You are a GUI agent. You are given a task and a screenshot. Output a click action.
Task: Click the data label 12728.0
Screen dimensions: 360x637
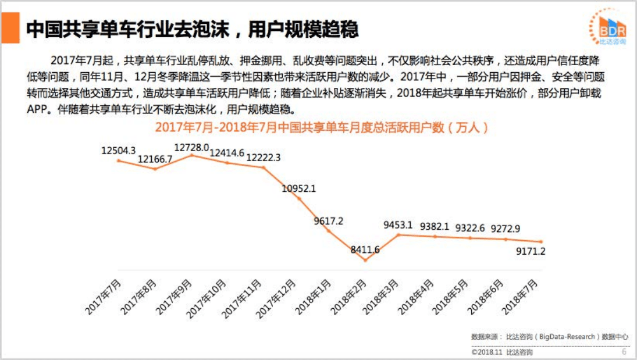point(192,147)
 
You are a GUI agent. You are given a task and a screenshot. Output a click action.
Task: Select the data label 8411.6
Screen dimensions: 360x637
point(365,250)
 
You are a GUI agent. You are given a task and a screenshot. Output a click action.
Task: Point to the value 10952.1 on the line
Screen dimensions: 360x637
point(298,188)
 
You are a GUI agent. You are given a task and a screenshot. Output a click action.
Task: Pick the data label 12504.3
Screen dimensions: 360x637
point(118,150)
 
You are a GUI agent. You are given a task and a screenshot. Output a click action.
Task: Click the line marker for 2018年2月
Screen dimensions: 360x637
point(365,260)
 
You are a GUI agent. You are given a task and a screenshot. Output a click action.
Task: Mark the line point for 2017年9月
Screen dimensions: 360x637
point(191,155)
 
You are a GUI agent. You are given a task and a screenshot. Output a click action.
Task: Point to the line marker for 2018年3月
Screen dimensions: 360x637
point(399,234)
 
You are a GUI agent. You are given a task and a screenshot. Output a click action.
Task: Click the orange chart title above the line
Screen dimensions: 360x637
point(321,127)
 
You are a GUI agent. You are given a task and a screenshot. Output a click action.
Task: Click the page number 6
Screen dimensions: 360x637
point(624,352)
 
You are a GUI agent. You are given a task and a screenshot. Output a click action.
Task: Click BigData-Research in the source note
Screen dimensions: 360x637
point(567,337)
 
